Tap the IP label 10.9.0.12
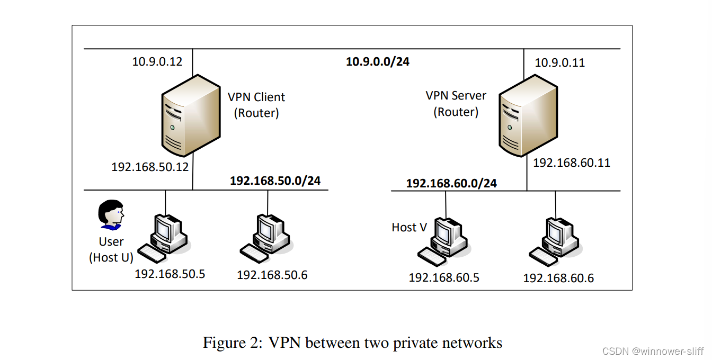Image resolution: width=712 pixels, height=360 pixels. pyautogui.click(x=157, y=62)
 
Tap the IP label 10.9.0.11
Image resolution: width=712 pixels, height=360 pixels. pyautogui.click(x=559, y=63)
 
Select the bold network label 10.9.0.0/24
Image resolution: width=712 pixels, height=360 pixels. pyautogui.click(x=377, y=62)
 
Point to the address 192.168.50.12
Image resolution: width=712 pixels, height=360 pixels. pyautogui.click(x=150, y=167)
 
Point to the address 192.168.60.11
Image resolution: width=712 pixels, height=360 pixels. pyautogui.click(x=572, y=163)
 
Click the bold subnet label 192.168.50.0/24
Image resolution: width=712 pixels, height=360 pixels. pyautogui.click(x=275, y=181)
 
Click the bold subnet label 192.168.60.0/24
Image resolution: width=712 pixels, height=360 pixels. pyautogui.click(x=451, y=183)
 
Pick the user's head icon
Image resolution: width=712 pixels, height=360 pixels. pyautogui.click(x=111, y=214)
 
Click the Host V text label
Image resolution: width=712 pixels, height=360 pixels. pyautogui.click(x=409, y=227)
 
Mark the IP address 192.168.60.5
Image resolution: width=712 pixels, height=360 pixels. pyautogui.click(x=444, y=277)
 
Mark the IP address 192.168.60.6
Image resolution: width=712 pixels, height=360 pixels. pyautogui.click(x=558, y=278)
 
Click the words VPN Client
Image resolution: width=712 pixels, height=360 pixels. pyautogui.click(x=256, y=97)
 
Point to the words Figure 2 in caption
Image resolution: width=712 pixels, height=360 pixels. pyautogui.click(x=232, y=343)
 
